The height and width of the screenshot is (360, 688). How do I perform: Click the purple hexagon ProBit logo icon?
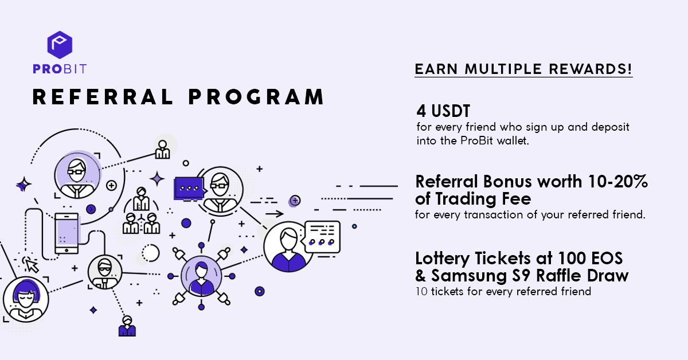[x=60, y=45]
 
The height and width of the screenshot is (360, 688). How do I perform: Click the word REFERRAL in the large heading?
[x=103, y=97]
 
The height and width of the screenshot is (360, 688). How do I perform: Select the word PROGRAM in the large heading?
[x=256, y=97]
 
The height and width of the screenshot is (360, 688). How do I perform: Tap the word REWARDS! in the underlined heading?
[x=591, y=69]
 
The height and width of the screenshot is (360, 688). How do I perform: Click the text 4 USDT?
[x=443, y=111]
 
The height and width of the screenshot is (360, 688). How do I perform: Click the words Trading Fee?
[x=483, y=199]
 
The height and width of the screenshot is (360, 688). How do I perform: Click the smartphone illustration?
[x=67, y=233]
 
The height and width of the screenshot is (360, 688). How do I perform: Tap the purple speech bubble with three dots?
[x=189, y=188]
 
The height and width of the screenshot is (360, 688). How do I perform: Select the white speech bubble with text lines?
[x=321, y=237]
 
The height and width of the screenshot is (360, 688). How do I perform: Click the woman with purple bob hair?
[x=26, y=299]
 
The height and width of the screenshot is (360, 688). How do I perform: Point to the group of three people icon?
[x=141, y=211]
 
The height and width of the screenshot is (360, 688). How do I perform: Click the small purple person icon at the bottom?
[x=127, y=326]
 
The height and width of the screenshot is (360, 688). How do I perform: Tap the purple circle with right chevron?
[x=91, y=209]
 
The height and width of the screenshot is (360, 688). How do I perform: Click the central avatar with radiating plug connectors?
[x=201, y=276]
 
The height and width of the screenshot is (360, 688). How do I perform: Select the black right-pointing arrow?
[x=274, y=214]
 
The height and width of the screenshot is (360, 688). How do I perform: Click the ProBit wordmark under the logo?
[x=60, y=69]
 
